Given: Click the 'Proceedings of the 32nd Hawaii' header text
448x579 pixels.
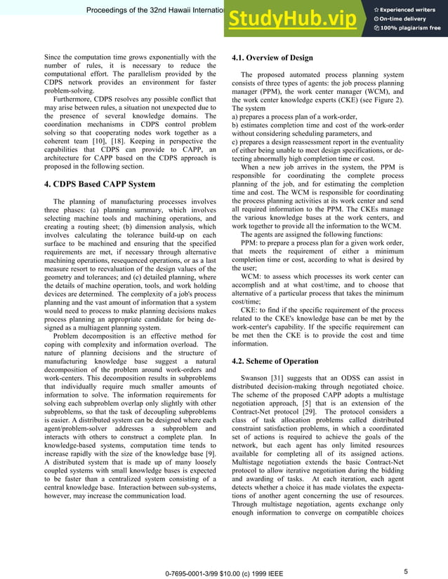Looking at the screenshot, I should [x=154, y=11].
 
